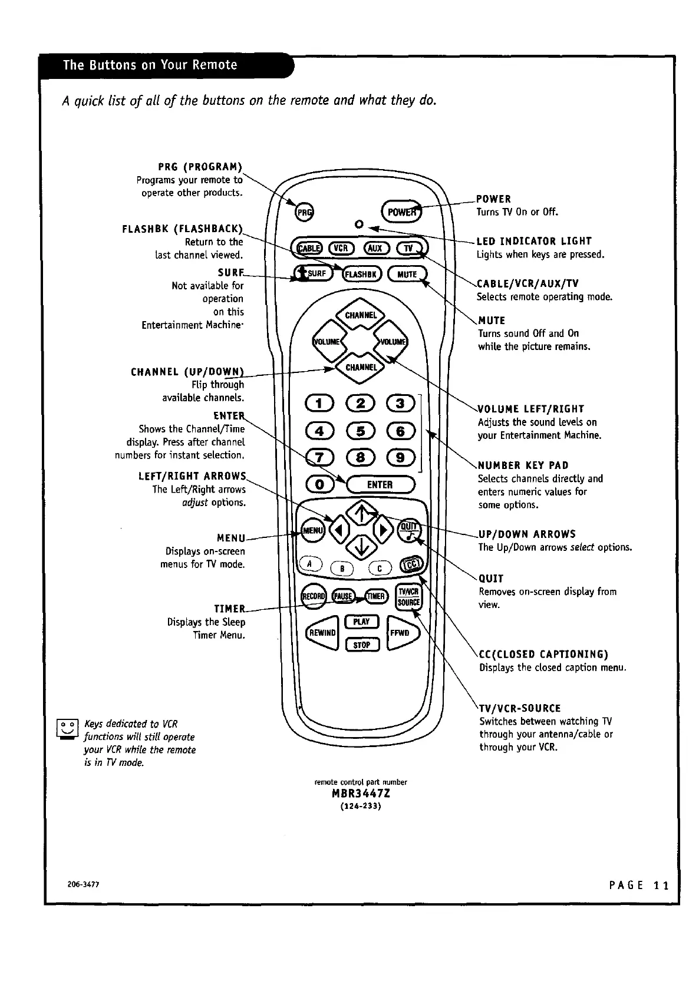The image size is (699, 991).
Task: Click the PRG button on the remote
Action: tap(304, 212)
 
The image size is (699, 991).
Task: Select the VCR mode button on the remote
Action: tap(341, 248)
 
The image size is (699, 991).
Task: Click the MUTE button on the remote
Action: tap(407, 274)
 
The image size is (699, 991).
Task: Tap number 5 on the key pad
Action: tap(360, 431)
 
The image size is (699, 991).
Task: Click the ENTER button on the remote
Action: tap(380, 484)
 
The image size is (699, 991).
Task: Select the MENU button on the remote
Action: tap(312, 530)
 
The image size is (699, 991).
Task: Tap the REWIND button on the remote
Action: tap(322, 632)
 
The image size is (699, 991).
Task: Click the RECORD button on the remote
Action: tap(313, 596)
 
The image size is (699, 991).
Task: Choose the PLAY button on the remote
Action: tap(361, 622)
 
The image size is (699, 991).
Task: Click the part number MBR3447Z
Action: tap(361, 794)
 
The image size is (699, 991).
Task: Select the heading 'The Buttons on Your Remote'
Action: tap(150, 65)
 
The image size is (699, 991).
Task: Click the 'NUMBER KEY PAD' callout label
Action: tap(523, 465)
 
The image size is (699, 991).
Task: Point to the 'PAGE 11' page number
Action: tap(639, 886)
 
